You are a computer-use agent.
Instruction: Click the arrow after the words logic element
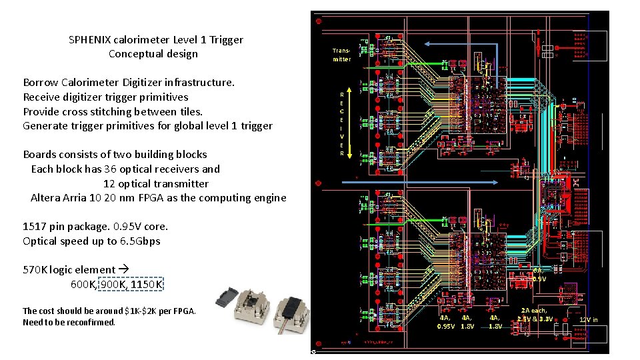click(x=123, y=270)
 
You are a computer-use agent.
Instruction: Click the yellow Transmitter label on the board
click(x=341, y=55)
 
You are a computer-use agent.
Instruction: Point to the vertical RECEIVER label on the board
click(x=342, y=124)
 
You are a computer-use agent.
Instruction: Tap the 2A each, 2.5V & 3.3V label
click(x=535, y=315)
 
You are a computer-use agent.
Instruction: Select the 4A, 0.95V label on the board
click(x=446, y=322)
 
